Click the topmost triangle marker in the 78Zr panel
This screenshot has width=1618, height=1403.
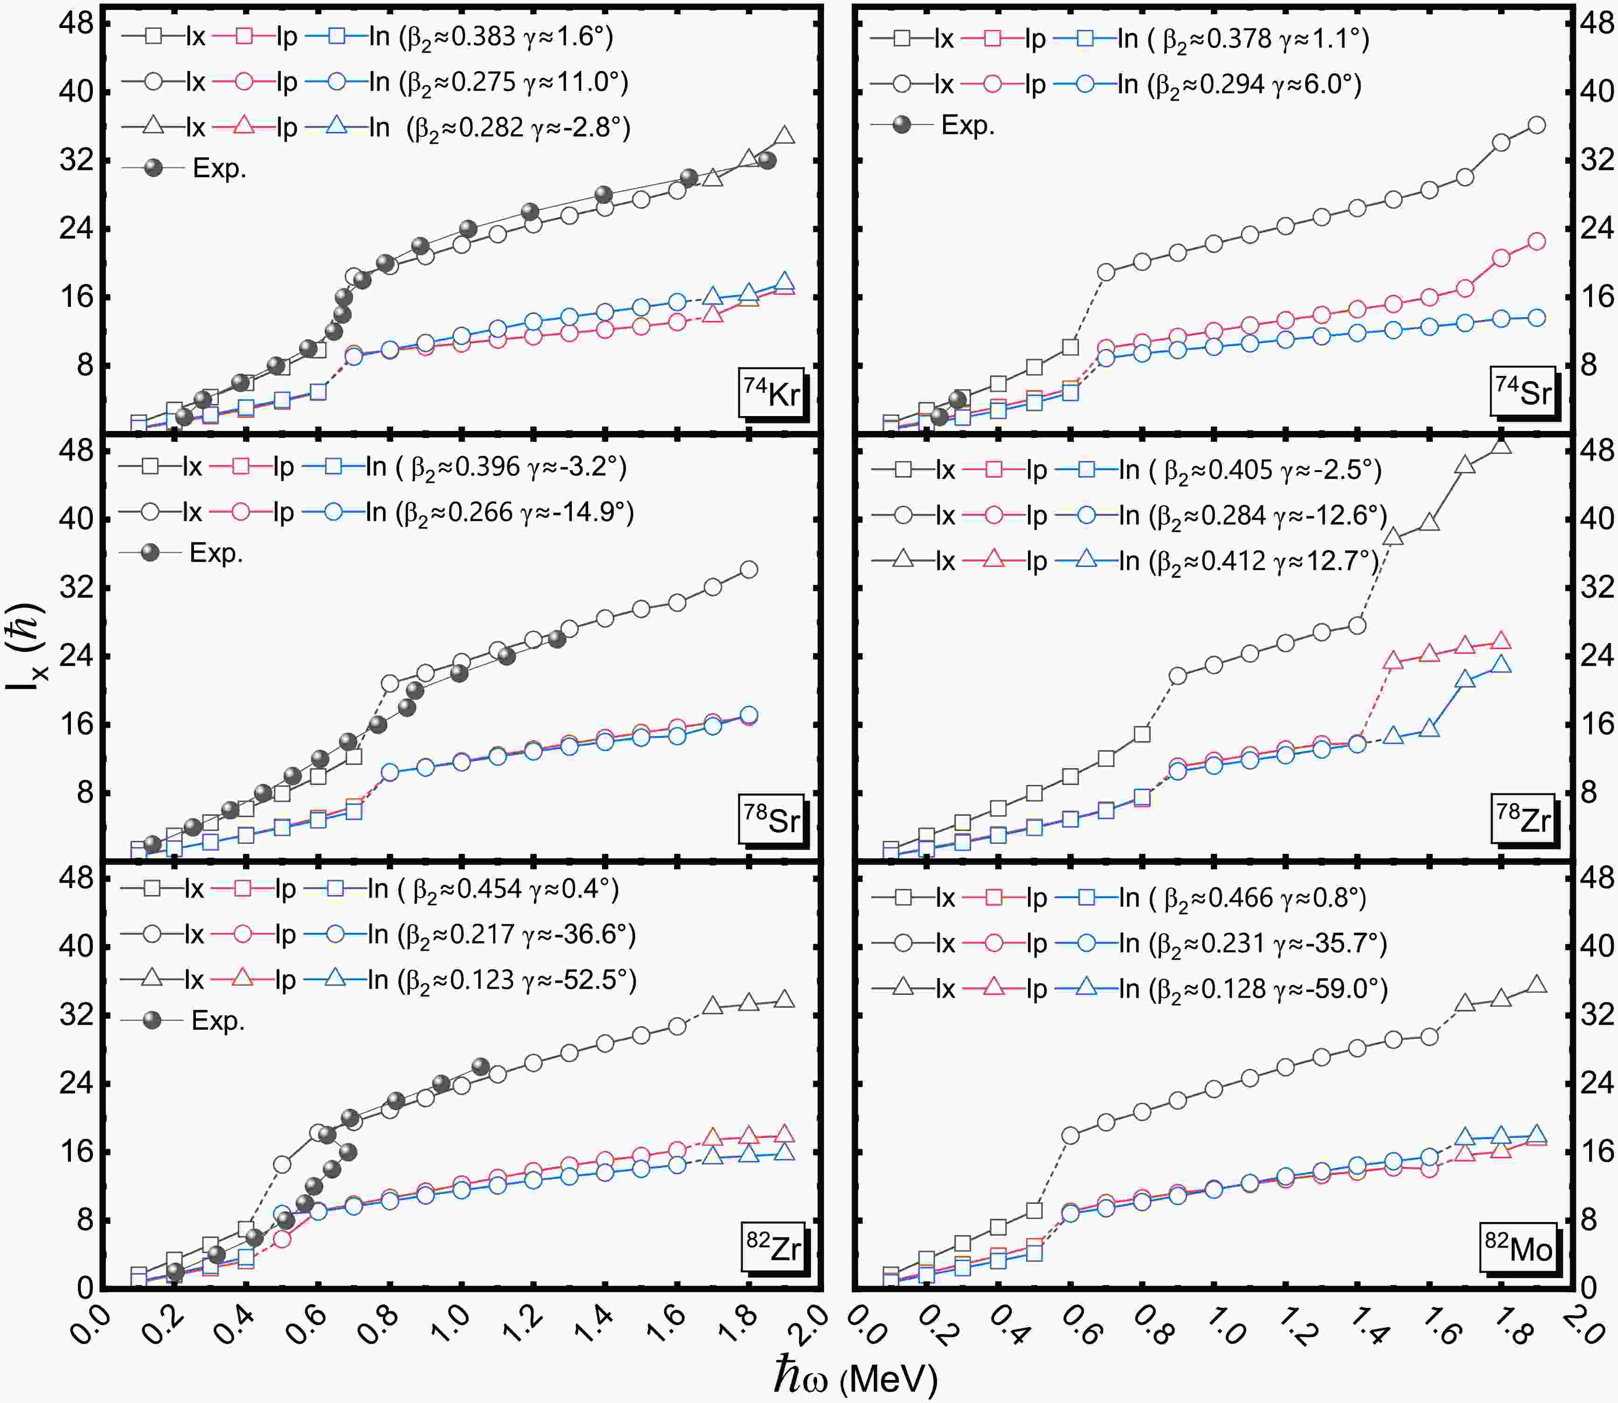coord(1501,445)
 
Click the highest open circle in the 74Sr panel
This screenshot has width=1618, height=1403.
coord(1536,125)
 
